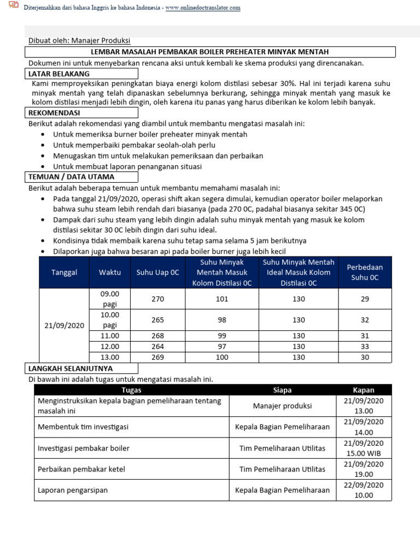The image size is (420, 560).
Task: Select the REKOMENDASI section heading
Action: tap(55, 113)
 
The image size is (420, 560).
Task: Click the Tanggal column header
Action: tap(64, 272)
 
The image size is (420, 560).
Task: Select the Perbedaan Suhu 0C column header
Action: tap(365, 272)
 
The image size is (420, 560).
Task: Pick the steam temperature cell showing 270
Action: tap(157, 299)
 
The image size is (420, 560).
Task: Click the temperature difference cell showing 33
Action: tap(365, 346)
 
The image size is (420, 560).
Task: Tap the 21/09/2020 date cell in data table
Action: tap(64, 325)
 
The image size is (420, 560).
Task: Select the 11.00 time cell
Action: tap(109, 336)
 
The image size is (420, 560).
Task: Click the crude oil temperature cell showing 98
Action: tap(222, 320)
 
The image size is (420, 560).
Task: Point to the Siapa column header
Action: tap(282, 390)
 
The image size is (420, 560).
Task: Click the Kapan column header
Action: tap(364, 390)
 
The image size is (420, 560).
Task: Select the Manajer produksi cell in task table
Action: tap(282, 406)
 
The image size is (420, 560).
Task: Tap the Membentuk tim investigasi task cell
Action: tap(83, 427)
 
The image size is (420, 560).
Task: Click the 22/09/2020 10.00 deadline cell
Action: tap(364, 490)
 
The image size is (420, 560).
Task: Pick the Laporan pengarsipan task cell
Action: tap(73, 490)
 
